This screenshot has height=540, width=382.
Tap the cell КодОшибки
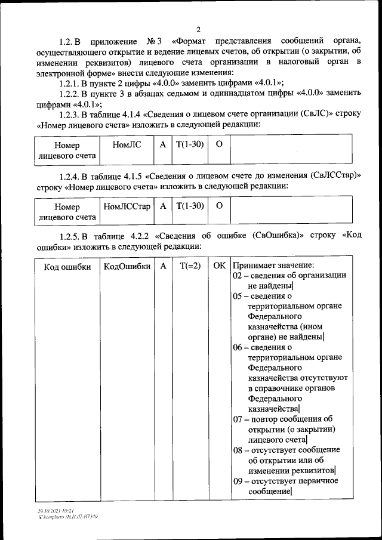[127, 267]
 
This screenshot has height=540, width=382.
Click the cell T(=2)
[190, 267]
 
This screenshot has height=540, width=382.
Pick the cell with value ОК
[219, 267]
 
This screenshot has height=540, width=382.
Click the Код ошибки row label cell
[67, 267]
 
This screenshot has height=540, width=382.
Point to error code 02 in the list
[238, 276]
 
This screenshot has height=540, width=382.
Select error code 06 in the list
[238, 347]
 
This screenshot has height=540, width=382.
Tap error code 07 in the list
[238, 419]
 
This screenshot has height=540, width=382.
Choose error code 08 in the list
[238, 449]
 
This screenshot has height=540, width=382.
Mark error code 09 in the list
[238, 480]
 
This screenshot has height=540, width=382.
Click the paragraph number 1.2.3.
[69, 115]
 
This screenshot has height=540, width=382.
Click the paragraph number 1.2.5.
[69, 236]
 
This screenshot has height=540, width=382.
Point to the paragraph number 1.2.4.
[69, 175]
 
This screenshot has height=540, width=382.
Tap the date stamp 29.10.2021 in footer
[45, 511]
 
